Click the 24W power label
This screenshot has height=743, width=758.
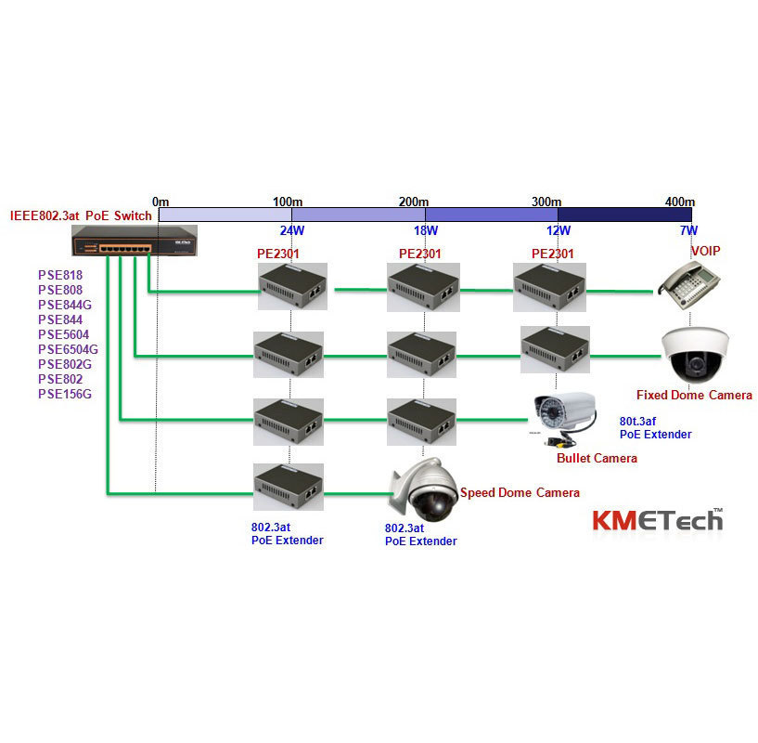tap(292, 230)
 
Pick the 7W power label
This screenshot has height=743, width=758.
tap(687, 230)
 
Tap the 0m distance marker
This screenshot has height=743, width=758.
tap(161, 202)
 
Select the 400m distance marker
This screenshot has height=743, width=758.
tap(679, 202)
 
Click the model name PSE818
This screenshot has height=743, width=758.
tap(59, 275)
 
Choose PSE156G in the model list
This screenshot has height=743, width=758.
tap(64, 394)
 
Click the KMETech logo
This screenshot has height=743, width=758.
tap(657, 518)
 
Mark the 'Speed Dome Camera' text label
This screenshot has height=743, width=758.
tap(520, 493)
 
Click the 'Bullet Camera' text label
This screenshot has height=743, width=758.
tap(597, 458)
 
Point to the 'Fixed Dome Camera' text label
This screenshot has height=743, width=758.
tap(694, 395)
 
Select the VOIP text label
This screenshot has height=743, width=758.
tap(705, 251)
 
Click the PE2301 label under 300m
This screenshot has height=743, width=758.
tap(553, 253)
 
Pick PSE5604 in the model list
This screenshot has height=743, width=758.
tap(62, 334)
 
